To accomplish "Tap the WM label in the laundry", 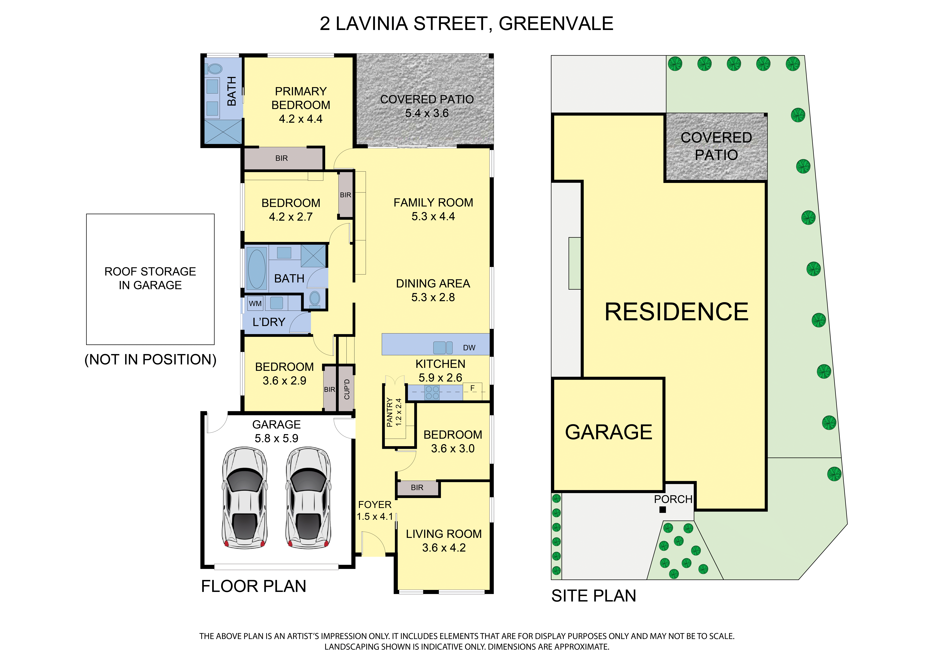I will click(255, 303).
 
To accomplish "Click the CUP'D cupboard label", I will click(347, 389).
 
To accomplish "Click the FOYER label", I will click(375, 505).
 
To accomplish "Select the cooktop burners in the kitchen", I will click(432, 392).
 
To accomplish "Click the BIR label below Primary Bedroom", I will click(281, 158).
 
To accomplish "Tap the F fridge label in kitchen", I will click(472, 388).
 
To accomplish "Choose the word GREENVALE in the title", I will click(556, 24).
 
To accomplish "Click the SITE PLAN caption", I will click(594, 596).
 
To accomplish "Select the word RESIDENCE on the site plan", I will click(676, 312).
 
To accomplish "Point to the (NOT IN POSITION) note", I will click(150, 360).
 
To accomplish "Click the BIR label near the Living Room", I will click(417, 488).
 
